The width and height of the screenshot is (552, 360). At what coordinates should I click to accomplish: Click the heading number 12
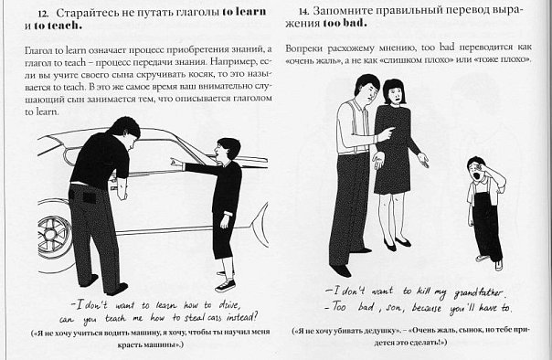pyautogui.click(x=43, y=14)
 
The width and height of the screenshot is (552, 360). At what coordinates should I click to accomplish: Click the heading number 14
pyautogui.click(x=303, y=12)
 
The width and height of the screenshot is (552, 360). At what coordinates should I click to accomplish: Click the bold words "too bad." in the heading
pyautogui.click(x=345, y=23)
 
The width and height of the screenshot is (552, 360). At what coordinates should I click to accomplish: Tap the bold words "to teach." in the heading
pyautogui.click(x=58, y=26)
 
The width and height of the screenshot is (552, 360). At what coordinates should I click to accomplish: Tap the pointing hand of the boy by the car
pyautogui.click(x=176, y=163)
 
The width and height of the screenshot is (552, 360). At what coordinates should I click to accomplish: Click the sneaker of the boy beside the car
pyautogui.click(x=226, y=285)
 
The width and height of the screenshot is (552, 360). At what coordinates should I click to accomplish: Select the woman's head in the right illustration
pyautogui.click(x=394, y=91)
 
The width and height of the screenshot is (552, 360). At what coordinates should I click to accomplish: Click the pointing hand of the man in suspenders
pyautogui.click(x=387, y=133)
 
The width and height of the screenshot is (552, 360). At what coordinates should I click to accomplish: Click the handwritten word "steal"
pyautogui.click(x=194, y=317)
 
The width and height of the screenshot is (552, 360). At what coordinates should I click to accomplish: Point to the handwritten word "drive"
pyautogui.click(x=228, y=304)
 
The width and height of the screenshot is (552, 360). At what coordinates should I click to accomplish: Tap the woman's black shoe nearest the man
pyautogui.click(x=390, y=245)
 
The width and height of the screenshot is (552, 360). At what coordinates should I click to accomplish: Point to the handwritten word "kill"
pyautogui.click(x=423, y=291)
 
